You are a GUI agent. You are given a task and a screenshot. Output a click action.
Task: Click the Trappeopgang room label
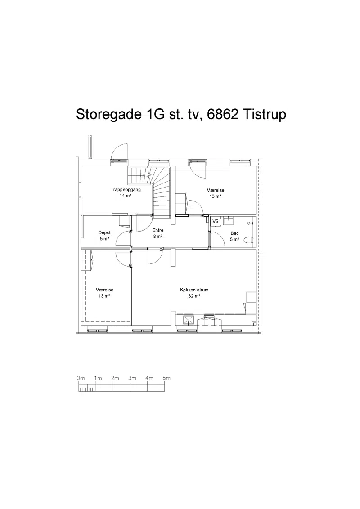(126, 190)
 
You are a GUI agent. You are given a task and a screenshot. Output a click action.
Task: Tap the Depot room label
(104, 232)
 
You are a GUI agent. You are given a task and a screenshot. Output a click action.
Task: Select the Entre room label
(158, 230)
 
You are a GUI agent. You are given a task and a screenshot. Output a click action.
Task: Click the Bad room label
(234, 233)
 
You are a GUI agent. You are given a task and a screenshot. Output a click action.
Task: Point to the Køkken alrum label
(194, 290)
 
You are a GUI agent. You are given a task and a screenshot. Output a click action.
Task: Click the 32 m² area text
(194, 296)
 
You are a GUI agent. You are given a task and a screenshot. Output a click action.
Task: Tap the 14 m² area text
(126, 196)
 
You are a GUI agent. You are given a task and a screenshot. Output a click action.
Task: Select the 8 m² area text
(158, 237)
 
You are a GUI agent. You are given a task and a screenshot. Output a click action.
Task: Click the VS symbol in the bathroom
(216, 221)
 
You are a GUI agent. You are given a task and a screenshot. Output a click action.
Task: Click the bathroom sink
(229, 221)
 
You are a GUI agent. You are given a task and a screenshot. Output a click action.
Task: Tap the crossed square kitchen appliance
(189, 320)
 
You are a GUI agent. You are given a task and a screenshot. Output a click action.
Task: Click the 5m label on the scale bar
(166, 378)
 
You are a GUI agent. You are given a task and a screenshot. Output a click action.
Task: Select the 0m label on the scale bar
(81, 378)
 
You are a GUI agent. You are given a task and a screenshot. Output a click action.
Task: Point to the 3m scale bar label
(132, 378)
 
